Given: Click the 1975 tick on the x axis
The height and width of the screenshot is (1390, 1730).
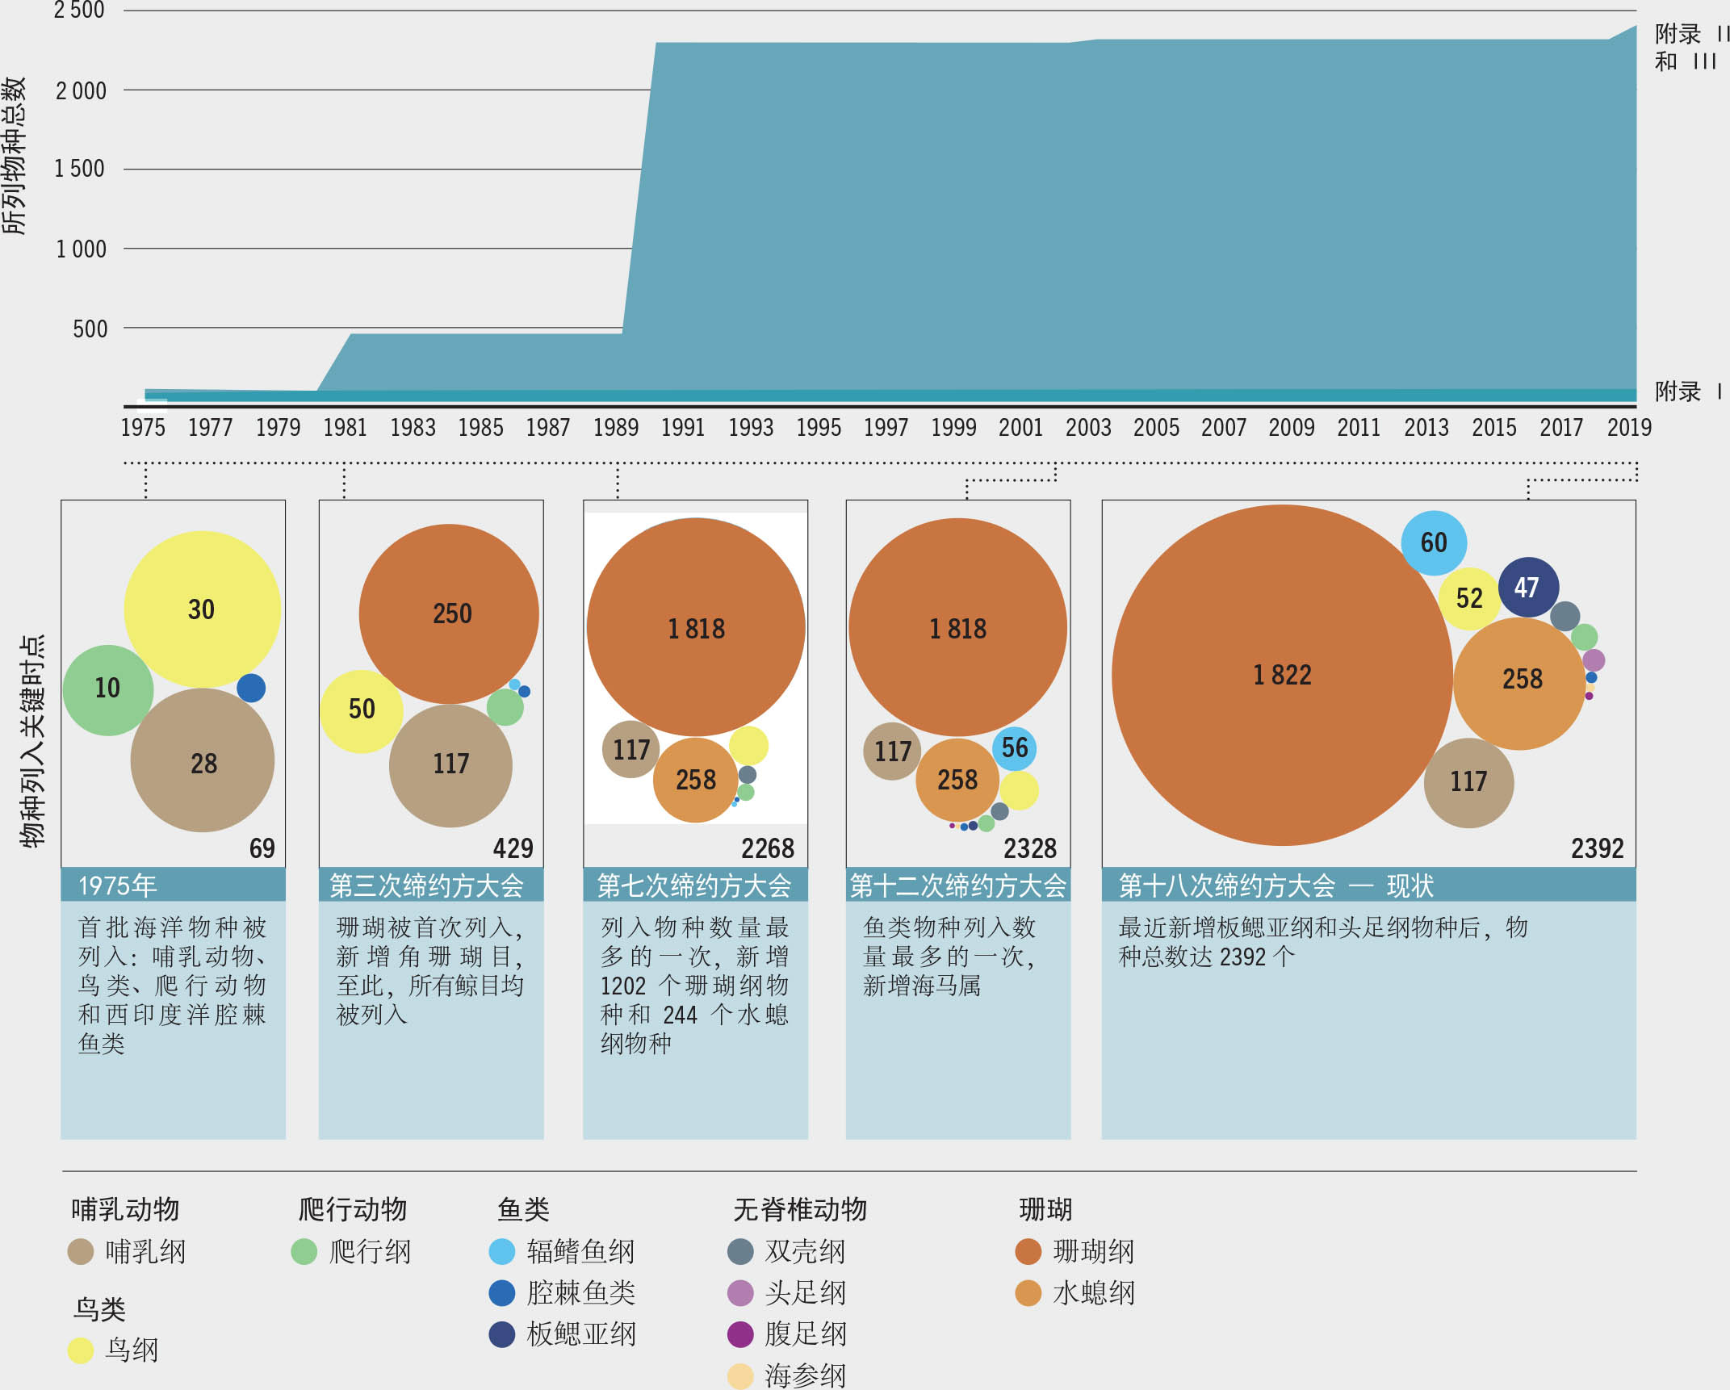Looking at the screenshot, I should pos(143,427).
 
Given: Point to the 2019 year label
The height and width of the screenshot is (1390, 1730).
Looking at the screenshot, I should pos(1629,427).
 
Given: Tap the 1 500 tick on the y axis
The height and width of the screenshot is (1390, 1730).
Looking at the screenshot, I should pos(80,169).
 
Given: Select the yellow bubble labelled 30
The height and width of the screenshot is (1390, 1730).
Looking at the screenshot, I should pos(202,609).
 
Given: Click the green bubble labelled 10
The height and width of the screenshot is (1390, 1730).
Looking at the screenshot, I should pos(107,689).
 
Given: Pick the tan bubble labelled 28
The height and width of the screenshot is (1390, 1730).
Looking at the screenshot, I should pos(203,761).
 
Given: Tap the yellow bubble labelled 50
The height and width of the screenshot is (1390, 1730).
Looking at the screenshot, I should pos(361,710).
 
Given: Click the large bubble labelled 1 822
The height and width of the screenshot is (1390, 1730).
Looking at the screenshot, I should pos(1281,675).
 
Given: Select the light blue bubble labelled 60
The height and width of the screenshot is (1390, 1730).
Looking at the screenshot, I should pos(1434,542).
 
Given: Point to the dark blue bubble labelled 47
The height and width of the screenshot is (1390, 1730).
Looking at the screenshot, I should pos(1527,587).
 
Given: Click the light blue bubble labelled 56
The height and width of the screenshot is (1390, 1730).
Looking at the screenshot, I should pos(1014,747).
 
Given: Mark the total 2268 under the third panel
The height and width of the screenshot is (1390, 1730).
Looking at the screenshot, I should pos(768,848).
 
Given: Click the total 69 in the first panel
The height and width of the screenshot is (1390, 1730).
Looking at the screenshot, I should pos(262,848).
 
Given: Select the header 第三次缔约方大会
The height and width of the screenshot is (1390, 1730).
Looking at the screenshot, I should pos(427,885).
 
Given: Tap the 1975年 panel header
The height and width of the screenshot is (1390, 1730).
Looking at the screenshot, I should pos(118,885).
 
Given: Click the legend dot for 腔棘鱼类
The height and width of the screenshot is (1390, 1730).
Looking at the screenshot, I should pos(502,1293).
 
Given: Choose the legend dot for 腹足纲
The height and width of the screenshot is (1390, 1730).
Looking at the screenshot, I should pos(740,1334).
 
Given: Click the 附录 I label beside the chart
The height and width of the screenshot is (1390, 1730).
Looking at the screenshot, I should pos(1687,391).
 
